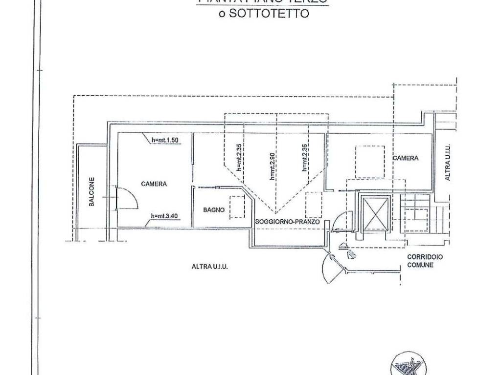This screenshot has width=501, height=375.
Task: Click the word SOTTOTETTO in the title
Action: [269, 14]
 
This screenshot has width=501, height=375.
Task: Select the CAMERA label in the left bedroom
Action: [154, 184]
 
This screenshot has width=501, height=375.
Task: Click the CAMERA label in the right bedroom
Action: [405, 158]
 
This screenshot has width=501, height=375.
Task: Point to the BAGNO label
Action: [214, 210]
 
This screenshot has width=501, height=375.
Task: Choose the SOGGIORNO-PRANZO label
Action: [287, 222]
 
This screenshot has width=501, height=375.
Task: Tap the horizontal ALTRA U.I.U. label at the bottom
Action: [210, 267]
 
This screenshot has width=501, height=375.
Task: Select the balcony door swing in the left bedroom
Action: [126, 198]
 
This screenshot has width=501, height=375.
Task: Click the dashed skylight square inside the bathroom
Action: [238, 207]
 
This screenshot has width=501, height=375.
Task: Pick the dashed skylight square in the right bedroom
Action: [369, 162]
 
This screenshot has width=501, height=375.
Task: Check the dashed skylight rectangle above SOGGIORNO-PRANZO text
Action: [313, 204]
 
